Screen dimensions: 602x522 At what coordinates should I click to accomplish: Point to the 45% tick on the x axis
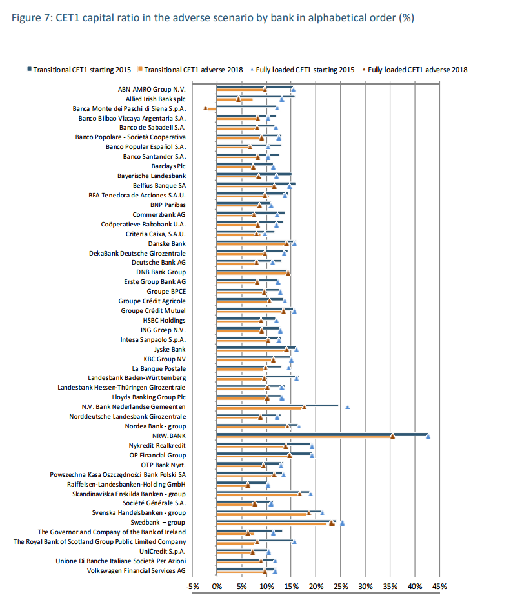tap(439, 586)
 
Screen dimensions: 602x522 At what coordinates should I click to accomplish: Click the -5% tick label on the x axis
tap(193, 586)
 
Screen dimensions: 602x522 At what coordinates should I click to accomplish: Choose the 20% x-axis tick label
tap(316, 586)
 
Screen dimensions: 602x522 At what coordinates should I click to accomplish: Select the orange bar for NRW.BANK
tap(303, 437)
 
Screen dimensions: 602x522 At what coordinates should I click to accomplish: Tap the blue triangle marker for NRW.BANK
tap(428, 437)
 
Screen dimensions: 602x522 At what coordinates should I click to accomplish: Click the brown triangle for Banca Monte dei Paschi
tap(205, 108)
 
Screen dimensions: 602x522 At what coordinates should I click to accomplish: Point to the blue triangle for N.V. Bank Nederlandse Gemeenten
tap(348, 407)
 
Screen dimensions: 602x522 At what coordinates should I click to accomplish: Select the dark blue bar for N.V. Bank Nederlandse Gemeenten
tap(277, 405)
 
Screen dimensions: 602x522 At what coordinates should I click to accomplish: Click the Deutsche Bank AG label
tap(159, 263)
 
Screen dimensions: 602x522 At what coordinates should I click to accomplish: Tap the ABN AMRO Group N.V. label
tap(152, 89)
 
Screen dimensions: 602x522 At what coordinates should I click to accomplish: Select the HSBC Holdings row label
tap(164, 320)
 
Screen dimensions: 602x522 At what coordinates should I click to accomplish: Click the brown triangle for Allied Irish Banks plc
tap(238, 99)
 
